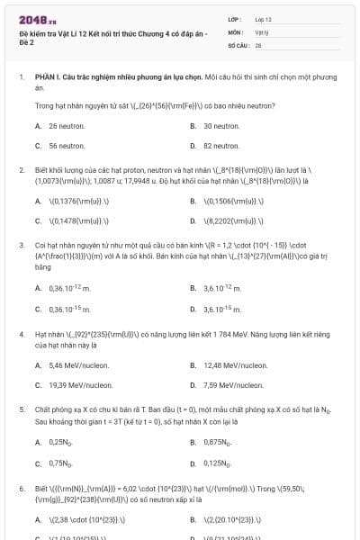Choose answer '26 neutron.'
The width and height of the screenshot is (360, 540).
coord(66,127)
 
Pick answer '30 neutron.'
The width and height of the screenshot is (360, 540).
coord(220,127)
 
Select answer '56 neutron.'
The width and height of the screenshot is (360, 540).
coord(66,145)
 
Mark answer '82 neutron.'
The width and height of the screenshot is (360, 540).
coord(220,145)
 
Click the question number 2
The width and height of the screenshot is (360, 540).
coord(22,169)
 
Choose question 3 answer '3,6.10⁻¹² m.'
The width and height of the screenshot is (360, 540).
coord(221,288)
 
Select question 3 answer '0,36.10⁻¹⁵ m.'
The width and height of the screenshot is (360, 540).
coord(69,309)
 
